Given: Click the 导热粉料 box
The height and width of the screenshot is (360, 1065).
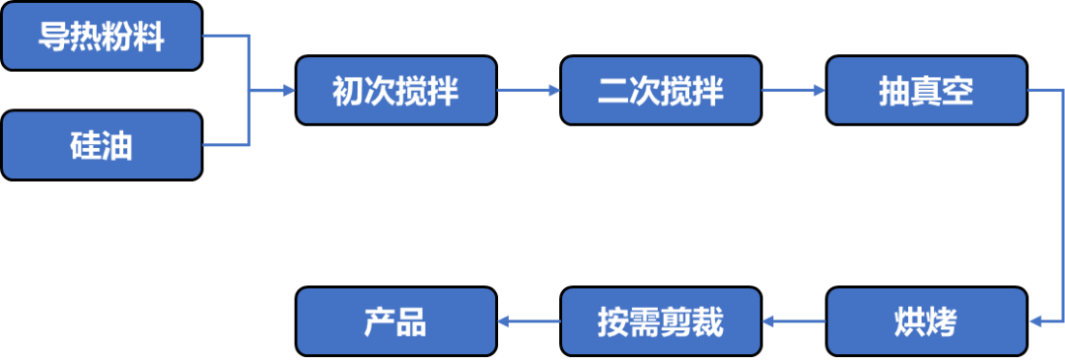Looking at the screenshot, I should pos(102,36).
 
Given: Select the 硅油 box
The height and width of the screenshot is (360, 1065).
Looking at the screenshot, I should pos(102,145).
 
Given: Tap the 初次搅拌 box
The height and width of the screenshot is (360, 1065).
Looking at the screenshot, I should pos(396,91).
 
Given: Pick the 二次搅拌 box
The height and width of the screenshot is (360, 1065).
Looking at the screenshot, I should pos(661,91).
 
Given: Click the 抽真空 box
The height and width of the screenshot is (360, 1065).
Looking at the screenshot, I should pos(926,91).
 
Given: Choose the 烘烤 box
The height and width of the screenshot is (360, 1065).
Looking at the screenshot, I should pos(926,322).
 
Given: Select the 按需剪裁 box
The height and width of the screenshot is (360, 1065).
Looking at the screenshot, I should pos(661,322).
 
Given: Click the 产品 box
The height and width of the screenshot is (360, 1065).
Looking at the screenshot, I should pos(396,322).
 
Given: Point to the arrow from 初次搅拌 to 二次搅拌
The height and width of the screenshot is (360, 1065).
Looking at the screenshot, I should pos(529,91).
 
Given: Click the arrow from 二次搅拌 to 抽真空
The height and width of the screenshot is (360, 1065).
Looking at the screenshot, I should pos(794,91).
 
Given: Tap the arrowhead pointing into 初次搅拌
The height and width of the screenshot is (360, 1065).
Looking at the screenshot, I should pos(289,91).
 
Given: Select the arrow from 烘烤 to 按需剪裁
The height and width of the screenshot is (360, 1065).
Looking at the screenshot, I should pos(794,322).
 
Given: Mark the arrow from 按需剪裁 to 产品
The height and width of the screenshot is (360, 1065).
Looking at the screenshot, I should pos(529,322).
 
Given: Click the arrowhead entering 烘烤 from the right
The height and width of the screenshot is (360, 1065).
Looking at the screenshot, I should pos(1034,322).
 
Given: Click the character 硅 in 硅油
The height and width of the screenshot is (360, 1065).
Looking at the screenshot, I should pos(86,146).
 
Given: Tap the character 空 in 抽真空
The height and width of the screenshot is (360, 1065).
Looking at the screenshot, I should pos(958,92).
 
